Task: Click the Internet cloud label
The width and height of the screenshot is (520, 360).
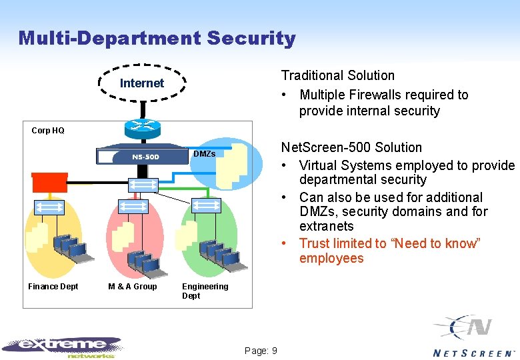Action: coord(141,83)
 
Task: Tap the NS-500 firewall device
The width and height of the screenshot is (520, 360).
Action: coord(142,157)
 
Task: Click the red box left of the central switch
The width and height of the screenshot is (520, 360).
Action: coord(49,181)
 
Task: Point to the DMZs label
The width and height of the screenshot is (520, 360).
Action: coord(204,154)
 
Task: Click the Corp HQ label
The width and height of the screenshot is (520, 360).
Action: coord(48,131)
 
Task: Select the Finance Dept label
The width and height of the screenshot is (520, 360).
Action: coord(53,287)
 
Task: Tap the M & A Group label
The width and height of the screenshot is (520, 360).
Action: coord(132,287)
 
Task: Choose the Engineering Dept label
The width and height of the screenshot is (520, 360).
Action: coord(205,291)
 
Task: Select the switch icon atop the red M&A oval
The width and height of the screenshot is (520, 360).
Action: coord(133,207)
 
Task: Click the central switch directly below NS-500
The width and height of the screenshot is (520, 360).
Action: coord(143,185)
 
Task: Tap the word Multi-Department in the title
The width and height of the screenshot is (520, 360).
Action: coord(110,39)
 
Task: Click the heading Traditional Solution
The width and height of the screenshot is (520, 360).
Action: coord(337,76)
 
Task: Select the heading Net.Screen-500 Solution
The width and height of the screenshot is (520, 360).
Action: coord(351,147)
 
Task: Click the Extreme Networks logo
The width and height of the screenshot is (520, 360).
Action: coord(63,345)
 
